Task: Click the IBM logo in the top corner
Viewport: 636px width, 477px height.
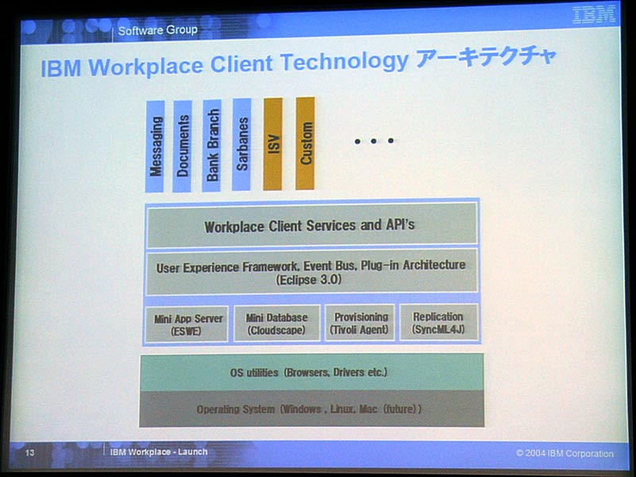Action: click(x=594, y=15)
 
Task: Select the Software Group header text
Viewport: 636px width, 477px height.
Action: click(x=157, y=30)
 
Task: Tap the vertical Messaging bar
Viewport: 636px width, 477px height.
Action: click(x=155, y=146)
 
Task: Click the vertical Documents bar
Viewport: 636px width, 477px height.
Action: click(x=182, y=146)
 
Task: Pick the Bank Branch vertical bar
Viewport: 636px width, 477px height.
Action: click(x=211, y=145)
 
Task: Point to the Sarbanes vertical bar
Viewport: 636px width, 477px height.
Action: click(x=242, y=145)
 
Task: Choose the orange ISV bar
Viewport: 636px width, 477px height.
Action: click(x=273, y=144)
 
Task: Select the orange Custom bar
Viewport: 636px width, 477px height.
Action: click(x=305, y=143)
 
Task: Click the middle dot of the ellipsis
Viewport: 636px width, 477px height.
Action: click(x=374, y=142)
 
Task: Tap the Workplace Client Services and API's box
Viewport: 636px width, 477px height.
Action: click(x=312, y=226)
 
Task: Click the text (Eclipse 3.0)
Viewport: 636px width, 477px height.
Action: click(x=308, y=280)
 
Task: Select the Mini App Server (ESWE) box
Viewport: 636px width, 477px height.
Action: click(x=187, y=324)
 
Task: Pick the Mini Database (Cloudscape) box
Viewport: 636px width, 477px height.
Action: click(x=277, y=324)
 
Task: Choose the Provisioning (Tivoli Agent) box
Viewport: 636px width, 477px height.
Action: click(x=360, y=323)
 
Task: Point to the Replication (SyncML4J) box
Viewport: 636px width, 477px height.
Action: click(x=439, y=322)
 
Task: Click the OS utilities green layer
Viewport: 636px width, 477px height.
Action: click(x=312, y=372)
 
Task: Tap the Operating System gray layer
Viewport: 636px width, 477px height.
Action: click(x=312, y=409)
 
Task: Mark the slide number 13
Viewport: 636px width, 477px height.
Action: click(x=29, y=452)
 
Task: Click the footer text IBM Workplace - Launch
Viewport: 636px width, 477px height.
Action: click(x=158, y=452)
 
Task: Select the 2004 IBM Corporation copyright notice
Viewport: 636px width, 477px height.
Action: click(x=564, y=453)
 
